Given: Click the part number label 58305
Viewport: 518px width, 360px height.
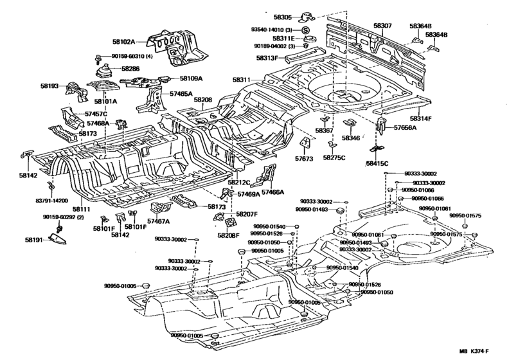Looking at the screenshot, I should click(282, 17).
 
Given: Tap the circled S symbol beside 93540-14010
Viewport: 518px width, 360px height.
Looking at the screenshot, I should click(306, 30).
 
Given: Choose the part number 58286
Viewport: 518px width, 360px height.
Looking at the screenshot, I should click(130, 67).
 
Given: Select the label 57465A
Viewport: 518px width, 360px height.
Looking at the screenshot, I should click(181, 94).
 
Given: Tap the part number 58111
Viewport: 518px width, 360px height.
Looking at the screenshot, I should click(82, 210).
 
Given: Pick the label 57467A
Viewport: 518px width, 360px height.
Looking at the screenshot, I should click(158, 221).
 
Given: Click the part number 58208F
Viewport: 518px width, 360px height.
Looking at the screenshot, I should click(228, 236).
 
